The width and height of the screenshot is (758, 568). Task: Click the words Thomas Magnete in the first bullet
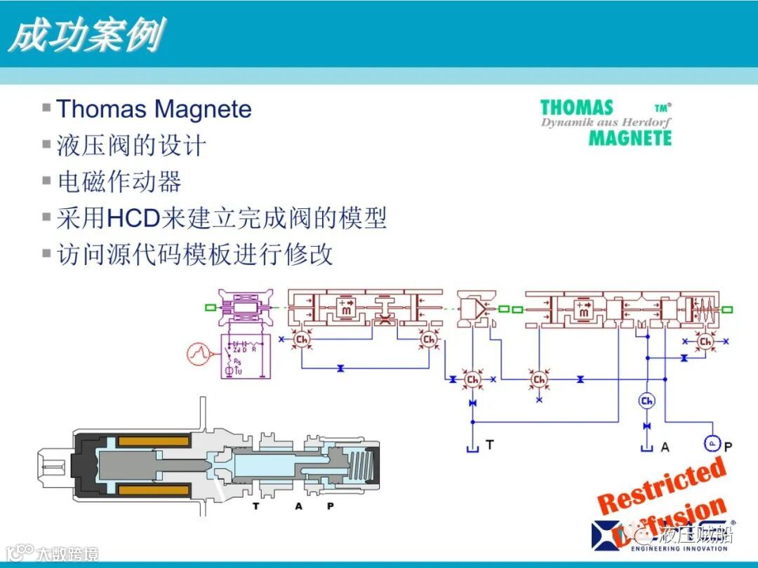click(154, 109)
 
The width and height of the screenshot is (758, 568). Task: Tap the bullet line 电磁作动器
click(119, 182)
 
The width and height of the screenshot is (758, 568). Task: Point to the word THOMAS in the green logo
click(577, 108)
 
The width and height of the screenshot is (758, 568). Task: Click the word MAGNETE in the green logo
click(630, 137)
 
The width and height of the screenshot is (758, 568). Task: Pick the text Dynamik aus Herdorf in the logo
click(605, 123)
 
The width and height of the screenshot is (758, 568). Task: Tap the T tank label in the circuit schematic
click(489, 445)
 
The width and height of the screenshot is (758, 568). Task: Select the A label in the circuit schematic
click(663, 445)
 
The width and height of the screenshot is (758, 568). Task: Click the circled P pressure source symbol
click(711, 443)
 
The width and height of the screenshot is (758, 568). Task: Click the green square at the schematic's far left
click(210, 307)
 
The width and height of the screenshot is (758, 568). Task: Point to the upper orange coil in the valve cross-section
click(153, 441)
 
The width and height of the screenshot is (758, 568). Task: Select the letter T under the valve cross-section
click(255, 506)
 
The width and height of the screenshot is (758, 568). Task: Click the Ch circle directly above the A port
click(646, 400)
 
